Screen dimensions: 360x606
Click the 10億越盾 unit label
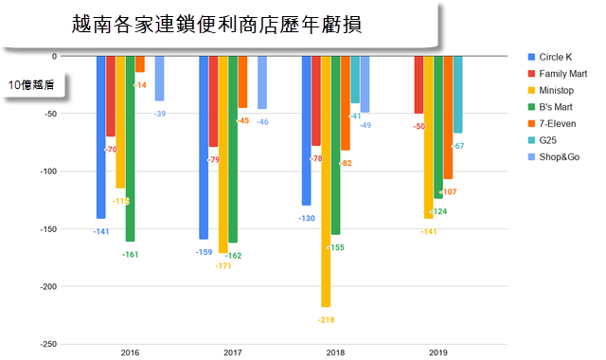tap(31, 85)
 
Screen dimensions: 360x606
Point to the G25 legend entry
tap(548, 145)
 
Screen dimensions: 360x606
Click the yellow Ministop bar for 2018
tap(326, 180)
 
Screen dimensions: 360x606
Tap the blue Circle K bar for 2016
tap(100, 137)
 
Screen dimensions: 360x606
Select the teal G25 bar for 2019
tap(458, 95)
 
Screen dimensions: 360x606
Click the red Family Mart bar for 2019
tap(419, 85)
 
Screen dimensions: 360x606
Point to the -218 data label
tap(326, 321)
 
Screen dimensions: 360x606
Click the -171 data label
tap(223, 266)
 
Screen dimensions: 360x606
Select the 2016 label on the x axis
tap(130, 352)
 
